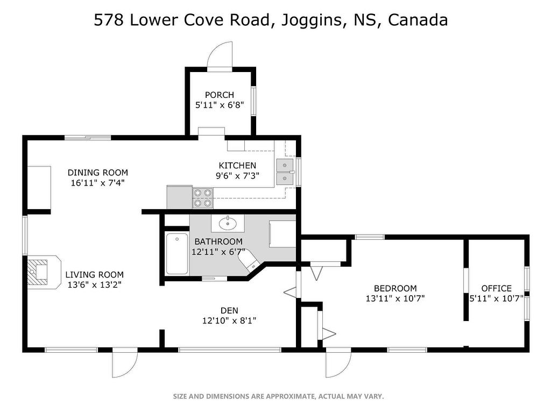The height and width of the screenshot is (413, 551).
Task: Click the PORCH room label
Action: tap(220, 95)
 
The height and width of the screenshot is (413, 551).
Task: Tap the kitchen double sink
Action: tap(285, 172)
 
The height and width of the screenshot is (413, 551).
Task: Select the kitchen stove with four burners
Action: tap(203, 198)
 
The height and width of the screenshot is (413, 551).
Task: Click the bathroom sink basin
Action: tap(228, 223)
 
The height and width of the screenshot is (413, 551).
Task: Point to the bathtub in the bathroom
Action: tap(176, 254)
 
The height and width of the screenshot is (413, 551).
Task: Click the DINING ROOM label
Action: tap(98, 173)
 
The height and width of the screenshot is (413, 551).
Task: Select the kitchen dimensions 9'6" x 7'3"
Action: tap(237, 176)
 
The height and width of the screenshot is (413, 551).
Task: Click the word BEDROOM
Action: tap(395, 288)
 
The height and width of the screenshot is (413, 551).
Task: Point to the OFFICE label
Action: tap(496, 288)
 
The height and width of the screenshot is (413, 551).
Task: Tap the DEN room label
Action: tap(229, 310)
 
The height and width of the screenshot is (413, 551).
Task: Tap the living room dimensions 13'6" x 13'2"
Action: tap(95, 285)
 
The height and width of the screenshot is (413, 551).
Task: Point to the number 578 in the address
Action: tap(109, 20)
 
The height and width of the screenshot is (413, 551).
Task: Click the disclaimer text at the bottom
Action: tap(278, 396)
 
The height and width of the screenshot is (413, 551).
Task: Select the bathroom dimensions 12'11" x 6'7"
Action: tap(218, 252)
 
